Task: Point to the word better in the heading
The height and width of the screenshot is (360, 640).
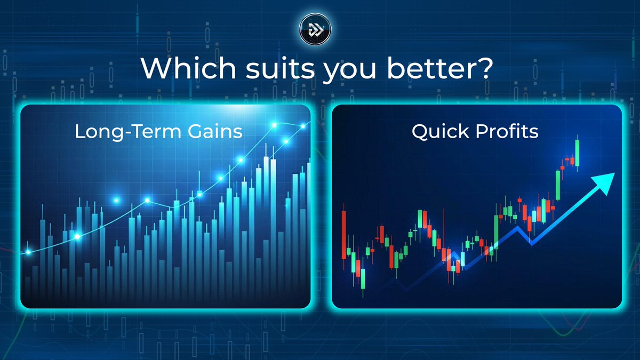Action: point(425,68)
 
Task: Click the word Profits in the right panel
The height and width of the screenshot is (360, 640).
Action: point(507,132)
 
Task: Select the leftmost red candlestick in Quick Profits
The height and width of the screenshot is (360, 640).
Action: point(343,229)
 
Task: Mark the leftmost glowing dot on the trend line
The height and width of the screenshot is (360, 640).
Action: point(29,252)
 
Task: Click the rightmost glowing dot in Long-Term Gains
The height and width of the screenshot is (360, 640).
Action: point(303,126)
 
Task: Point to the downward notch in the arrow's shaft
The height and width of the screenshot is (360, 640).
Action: point(530,243)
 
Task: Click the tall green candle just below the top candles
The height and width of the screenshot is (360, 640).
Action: point(558,184)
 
